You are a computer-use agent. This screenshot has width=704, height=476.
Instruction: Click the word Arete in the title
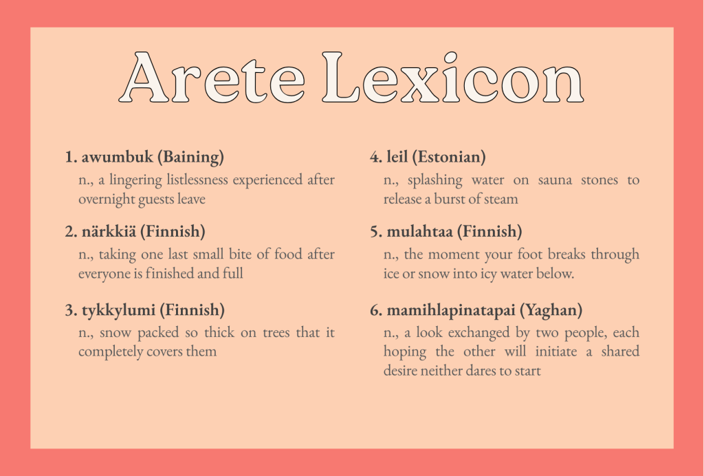pos(212,77)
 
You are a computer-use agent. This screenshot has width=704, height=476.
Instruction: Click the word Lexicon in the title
pos(453,77)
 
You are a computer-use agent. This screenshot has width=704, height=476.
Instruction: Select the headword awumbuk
pos(117,157)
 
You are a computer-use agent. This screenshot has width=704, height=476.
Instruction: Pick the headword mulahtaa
pos(419,231)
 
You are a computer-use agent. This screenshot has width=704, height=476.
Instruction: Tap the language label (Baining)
pos(190,157)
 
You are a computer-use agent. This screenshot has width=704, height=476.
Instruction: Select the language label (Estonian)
pos(448,157)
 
